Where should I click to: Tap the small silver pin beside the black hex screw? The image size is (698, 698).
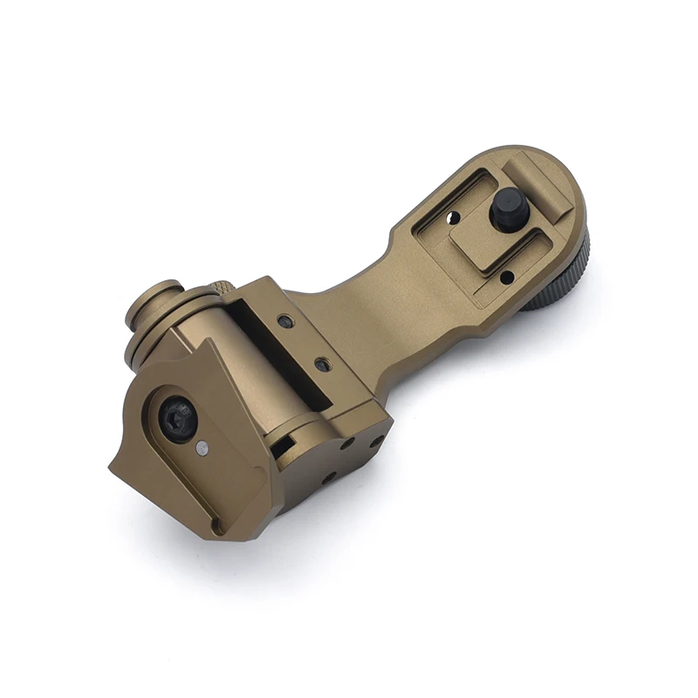pos(202,448)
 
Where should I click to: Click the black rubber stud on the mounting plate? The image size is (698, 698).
pos(508,210)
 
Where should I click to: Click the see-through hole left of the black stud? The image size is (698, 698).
pos(453,217)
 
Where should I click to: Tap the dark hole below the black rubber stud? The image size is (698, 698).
pos(506,277)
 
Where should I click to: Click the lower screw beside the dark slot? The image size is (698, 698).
pos(323,362)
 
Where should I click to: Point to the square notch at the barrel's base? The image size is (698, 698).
pos(284,448)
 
